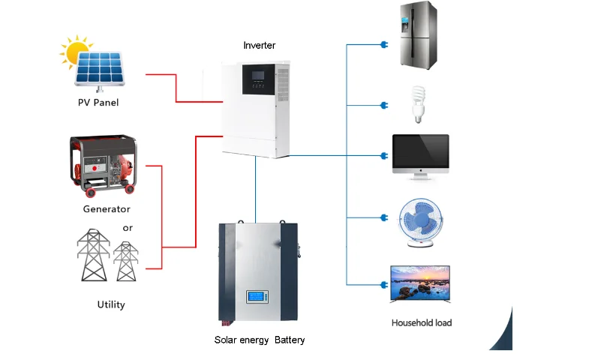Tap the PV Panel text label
98,103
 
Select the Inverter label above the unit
260,45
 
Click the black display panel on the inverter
258,79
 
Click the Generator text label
107,209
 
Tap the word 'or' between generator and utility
128,228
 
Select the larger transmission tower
93,255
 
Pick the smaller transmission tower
126,261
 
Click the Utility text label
111,304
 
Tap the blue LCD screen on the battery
257,297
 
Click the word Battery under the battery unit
290,340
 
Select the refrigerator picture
418,35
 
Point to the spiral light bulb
418,104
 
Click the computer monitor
421,157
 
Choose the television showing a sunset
420,283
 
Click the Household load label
422,322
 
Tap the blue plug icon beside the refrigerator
384,45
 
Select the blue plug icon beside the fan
384,217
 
